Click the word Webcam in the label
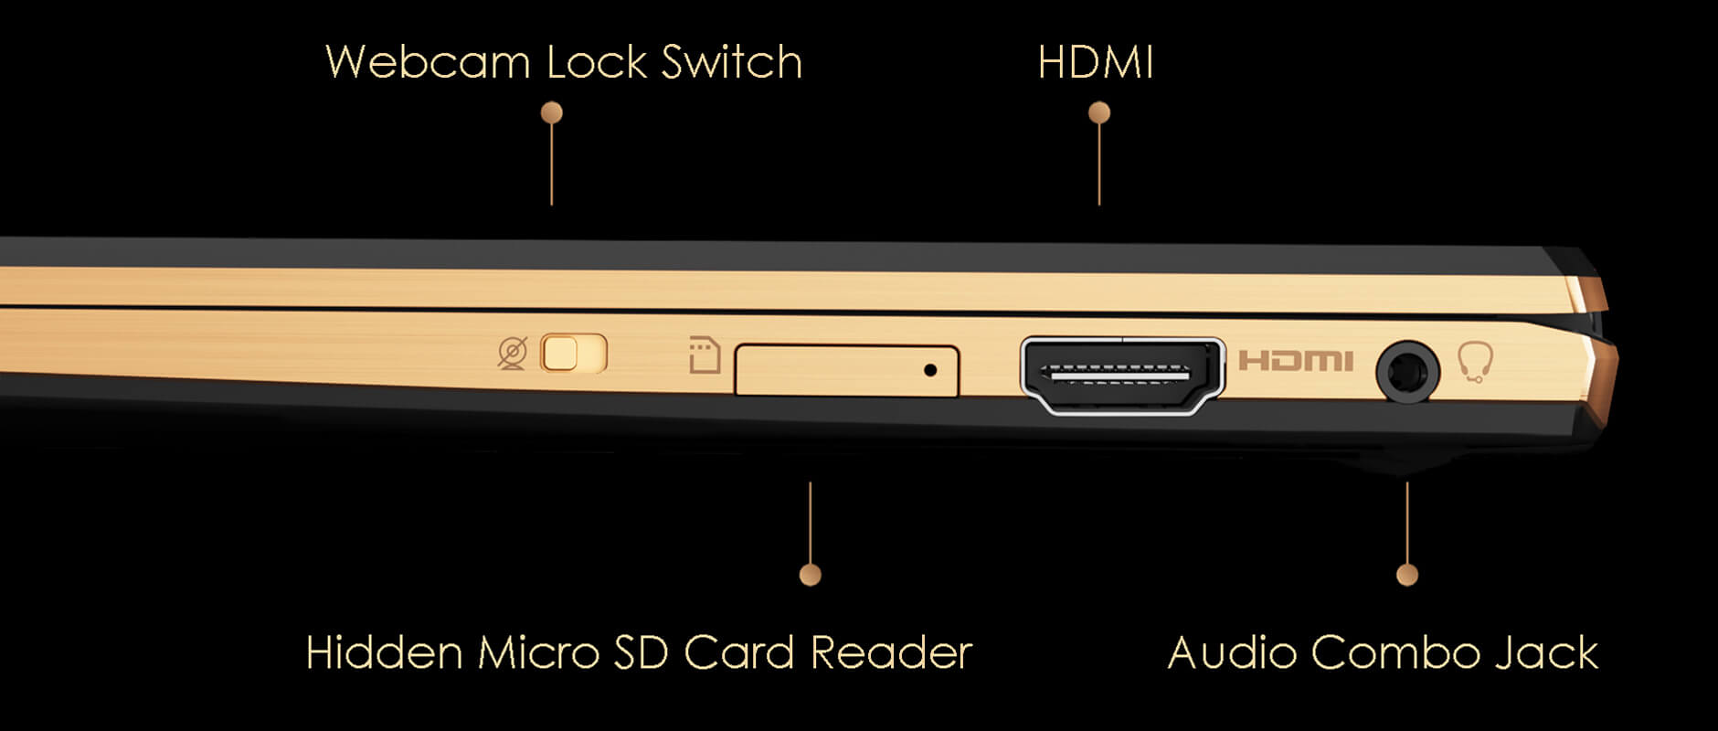[428, 63]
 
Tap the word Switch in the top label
[731, 63]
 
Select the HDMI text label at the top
[1096, 63]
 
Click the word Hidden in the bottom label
[384, 653]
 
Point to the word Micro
[538, 653]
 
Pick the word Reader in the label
[891, 653]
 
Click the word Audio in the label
[1232, 653]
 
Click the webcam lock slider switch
[574, 354]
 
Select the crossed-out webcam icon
[513, 354]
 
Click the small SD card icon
[705, 356]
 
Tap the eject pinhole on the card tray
[930, 370]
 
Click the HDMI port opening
[1121, 375]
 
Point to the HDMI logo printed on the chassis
[1295, 361]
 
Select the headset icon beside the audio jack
[1475, 363]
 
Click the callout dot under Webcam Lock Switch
[551, 112]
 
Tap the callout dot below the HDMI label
[1099, 112]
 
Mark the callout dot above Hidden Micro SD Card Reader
[810, 574]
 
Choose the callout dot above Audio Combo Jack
[1407, 574]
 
